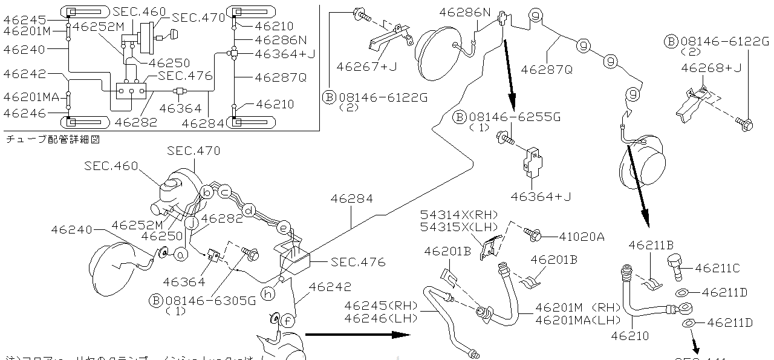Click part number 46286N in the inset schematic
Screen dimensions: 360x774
pos(281,40)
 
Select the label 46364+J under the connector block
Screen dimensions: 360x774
pos(541,196)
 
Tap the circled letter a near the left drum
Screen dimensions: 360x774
pos(180,255)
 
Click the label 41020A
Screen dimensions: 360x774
pos(581,237)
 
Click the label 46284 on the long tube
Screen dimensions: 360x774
pos(351,198)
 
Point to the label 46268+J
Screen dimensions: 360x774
pos(711,68)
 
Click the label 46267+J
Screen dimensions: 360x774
pos(367,67)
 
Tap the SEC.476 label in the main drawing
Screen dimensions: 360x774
pos(358,263)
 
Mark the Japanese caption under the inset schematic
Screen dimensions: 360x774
pos(52,139)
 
